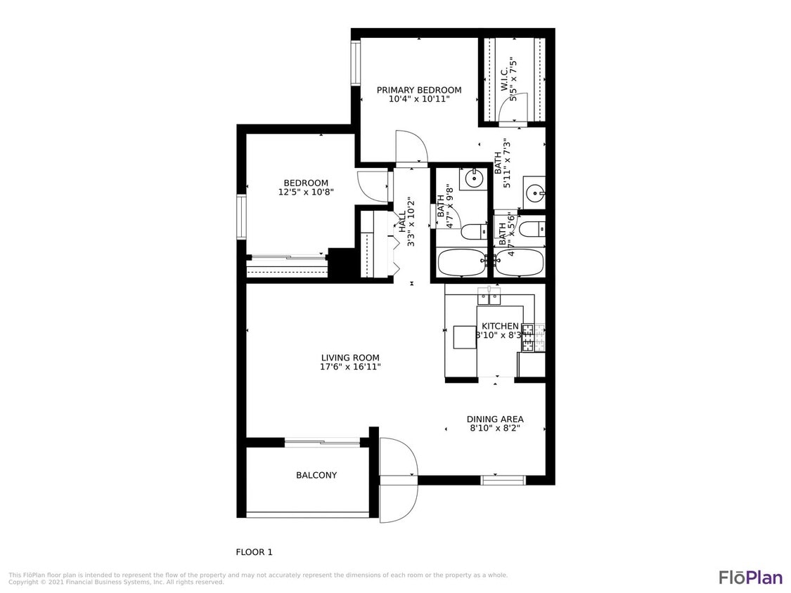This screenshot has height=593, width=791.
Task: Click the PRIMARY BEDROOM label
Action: (419, 90)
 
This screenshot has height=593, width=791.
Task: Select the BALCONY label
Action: (316, 476)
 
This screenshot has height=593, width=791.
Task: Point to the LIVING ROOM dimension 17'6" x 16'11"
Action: (351, 367)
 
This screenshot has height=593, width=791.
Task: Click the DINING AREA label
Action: (495, 419)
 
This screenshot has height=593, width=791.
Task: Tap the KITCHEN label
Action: (500, 327)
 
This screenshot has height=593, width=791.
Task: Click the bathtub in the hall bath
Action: (461, 263)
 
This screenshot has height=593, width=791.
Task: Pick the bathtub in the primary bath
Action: (519, 263)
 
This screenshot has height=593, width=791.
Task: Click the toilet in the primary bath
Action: (531, 228)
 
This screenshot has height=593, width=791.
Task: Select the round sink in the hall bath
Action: (475, 179)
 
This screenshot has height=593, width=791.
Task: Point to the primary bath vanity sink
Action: (536, 191)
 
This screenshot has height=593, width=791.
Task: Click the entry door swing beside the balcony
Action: (398, 479)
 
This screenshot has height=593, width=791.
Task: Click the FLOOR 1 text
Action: (254, 552)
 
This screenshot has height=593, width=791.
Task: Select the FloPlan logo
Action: (750, 578)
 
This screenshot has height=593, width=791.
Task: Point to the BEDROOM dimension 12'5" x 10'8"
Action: (306, 192)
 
